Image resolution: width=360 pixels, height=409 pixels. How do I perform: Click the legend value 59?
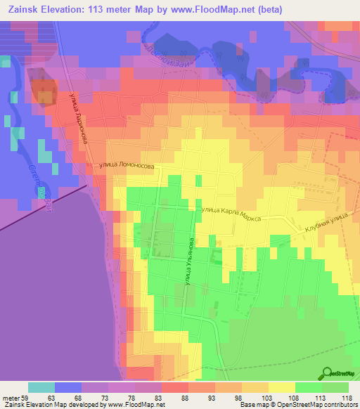point(27,396)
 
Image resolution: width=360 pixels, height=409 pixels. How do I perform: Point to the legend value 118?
point(347,396)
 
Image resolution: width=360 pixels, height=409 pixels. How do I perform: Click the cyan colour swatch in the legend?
point(41,387)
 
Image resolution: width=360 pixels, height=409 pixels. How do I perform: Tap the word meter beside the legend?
point(12,396)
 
